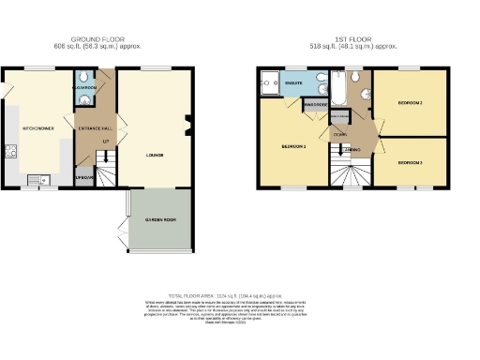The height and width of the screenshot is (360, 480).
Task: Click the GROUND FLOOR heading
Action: click(x=102, y=38)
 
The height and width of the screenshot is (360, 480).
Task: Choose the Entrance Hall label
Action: click(x=95, y=127)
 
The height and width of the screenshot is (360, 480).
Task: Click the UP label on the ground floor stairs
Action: click(x=106, y=142)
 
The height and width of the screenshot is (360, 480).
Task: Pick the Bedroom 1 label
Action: click(x=293, y=147)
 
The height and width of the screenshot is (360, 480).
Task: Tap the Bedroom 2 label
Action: click(x=409, y=101)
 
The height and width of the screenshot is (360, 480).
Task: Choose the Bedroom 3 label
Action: click(x=409, y=162)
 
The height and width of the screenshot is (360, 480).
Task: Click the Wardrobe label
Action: click(x=313, y=106)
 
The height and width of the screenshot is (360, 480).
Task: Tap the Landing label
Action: click(x=352, y=149)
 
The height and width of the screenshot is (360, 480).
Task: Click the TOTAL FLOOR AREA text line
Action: click(x=239, y=293)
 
